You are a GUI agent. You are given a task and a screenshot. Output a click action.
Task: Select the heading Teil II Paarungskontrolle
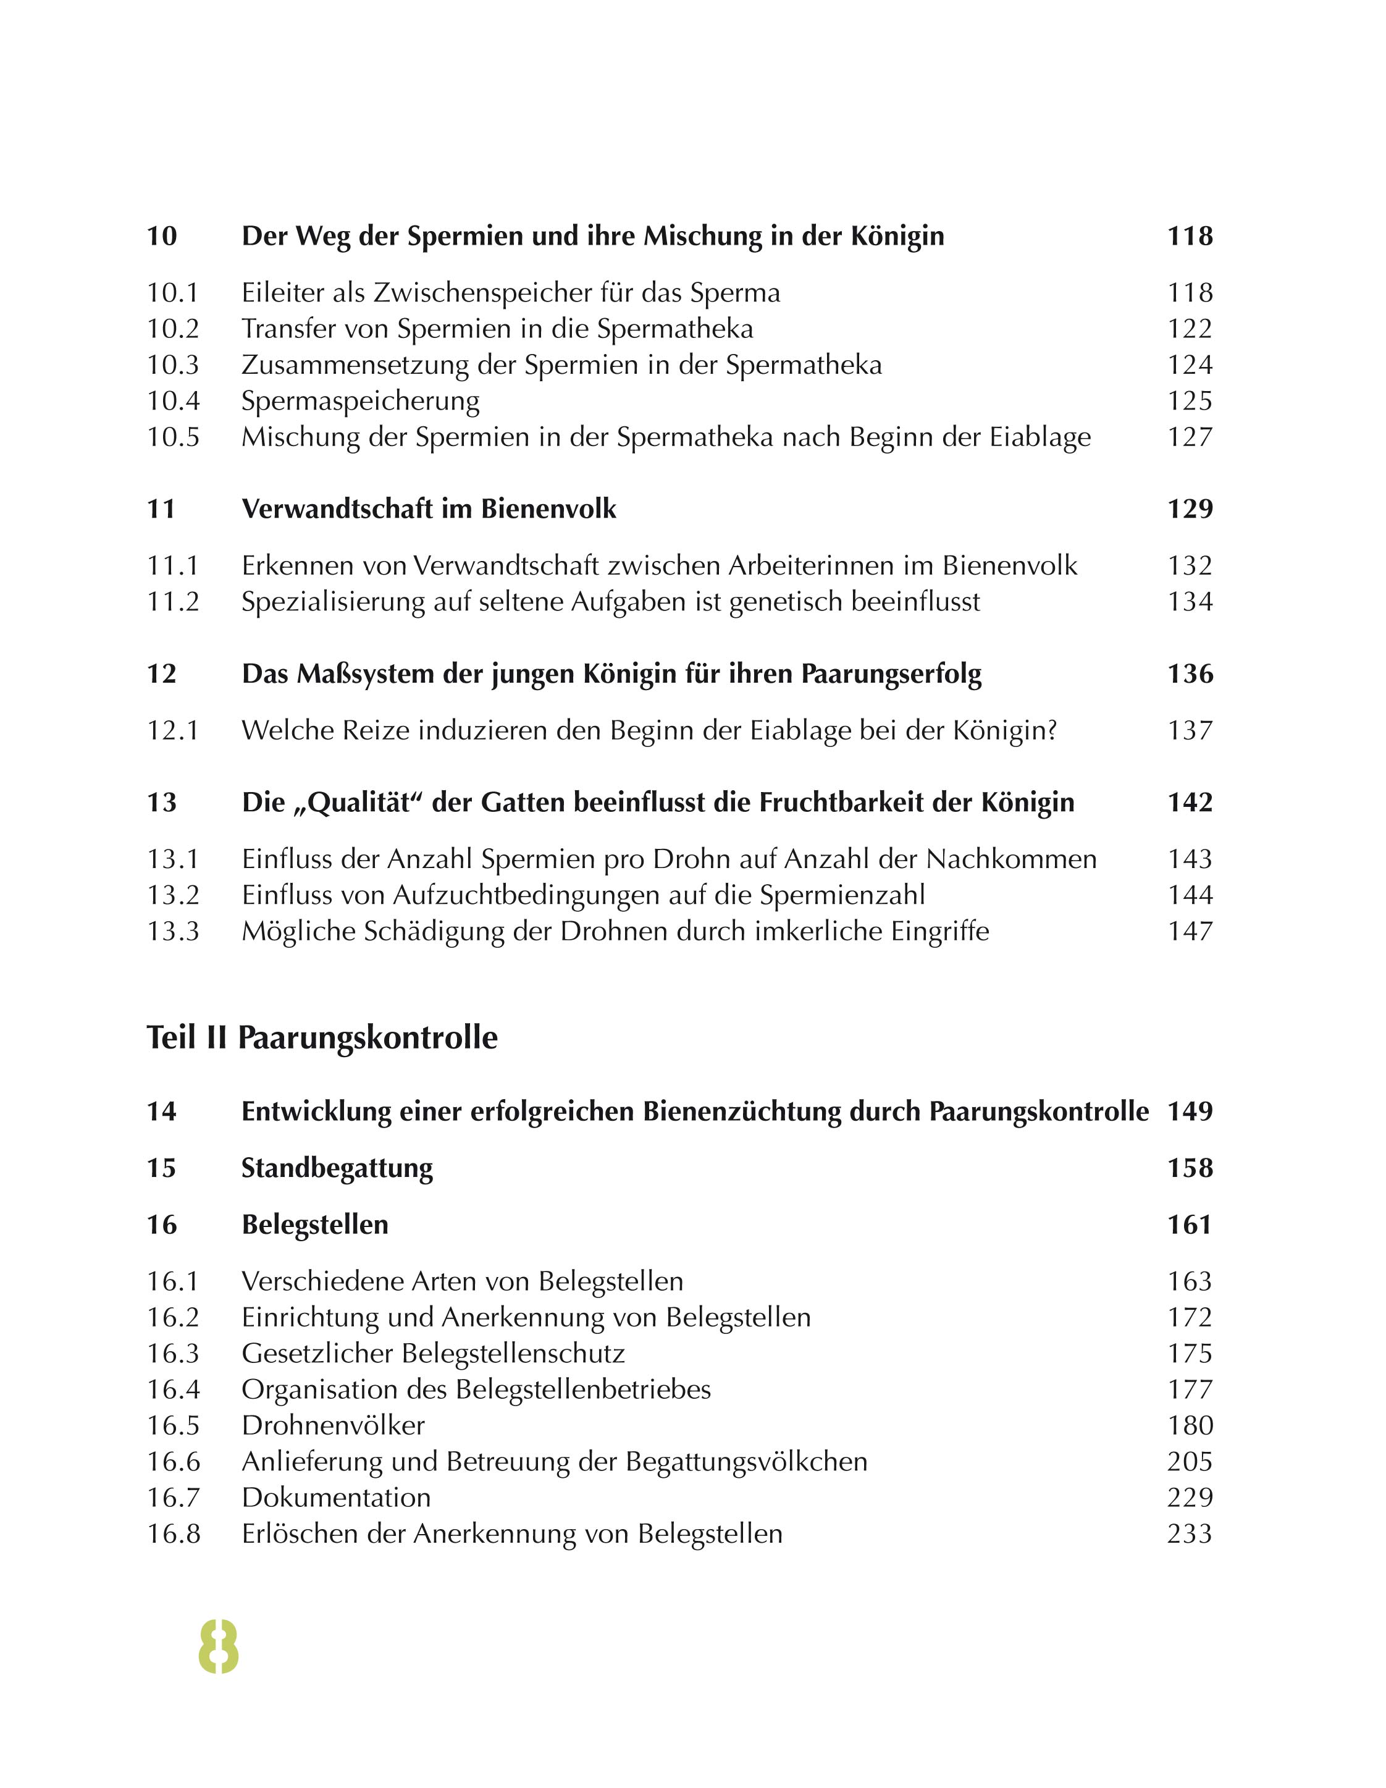[x=322, y=1037]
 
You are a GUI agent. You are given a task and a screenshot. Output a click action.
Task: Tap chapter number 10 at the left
[x=162, y=236]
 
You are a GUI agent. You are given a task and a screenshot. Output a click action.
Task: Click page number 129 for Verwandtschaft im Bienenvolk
[x=1190, y=508]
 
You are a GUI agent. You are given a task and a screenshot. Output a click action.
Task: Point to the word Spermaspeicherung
[x=360, y=400]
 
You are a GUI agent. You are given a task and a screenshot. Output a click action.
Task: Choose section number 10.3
[x=173, y=365]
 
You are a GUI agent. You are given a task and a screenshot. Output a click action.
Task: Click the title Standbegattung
[x=337, y=1168]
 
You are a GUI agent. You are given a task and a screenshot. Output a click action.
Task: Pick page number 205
[x=1190, y=1461]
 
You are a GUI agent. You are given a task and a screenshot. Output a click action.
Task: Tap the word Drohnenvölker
[x=333, y=1425]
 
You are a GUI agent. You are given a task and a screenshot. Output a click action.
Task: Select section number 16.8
[x=173, y=1533]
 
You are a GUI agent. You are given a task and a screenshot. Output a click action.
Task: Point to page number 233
[x=1190, y=1533]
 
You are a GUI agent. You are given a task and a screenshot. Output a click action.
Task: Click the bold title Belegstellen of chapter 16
[x=314, y=1224]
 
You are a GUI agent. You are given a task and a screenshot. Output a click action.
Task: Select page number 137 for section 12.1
[x=1190, y=730]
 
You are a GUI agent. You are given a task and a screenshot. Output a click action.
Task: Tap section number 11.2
[x=173, y=601]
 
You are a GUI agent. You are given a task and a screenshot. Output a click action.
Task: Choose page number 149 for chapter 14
[x=1190, y=1111]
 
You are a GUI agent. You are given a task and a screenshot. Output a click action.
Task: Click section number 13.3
[x=173, y=931]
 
